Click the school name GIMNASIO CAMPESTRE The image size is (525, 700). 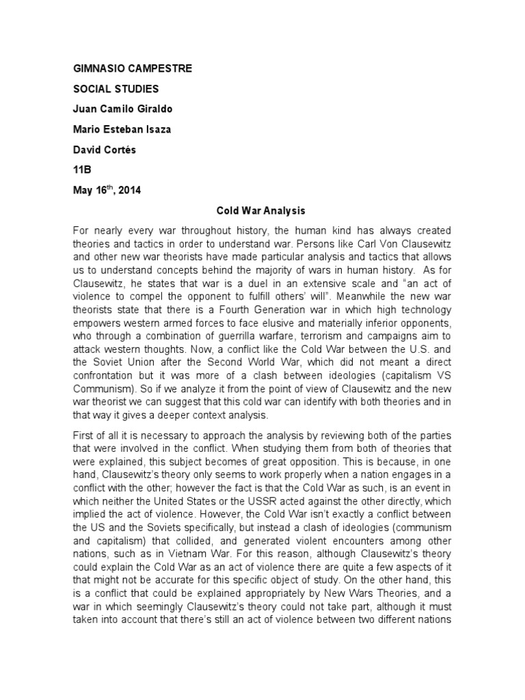coord(133,69)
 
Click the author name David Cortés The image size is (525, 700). coord(105,150)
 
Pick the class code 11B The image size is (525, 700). coord(82,170)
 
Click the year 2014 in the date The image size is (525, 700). coord(129,191)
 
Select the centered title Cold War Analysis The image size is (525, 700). coord(262,213)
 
